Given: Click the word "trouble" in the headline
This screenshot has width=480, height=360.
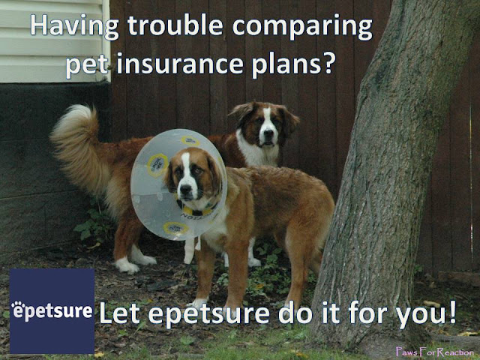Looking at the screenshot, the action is [x=175, y=25].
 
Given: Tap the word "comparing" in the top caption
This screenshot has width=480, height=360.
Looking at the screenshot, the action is [x=302, y=28].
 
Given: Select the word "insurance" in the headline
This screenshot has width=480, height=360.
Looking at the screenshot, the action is [x=180, y=64].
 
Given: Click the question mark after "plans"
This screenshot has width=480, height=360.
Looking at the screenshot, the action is [x=326, y=63].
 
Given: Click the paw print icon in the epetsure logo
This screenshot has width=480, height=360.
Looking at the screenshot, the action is [x=18, y=305].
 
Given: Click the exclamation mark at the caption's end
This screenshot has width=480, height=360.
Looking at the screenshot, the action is [x=452, y=312].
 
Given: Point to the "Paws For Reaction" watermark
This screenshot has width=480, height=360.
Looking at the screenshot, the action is [x=435, y=352].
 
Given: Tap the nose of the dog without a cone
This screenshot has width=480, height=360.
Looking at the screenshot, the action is [x=268, y=133].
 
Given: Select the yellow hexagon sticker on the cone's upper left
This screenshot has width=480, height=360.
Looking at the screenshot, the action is [x=157, y=166].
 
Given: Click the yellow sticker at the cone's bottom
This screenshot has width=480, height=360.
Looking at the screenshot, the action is [x=176, y=228].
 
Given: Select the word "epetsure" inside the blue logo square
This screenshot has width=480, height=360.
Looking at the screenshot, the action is [x=52, y=311].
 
